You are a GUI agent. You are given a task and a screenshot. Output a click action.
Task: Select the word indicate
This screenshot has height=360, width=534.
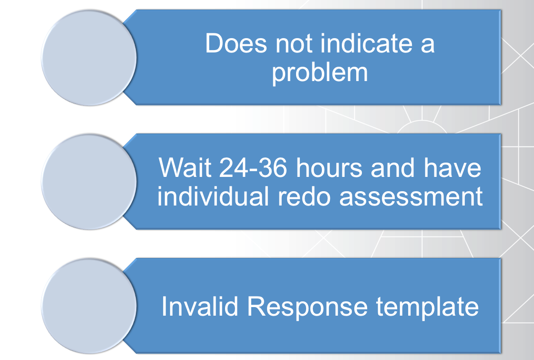tap(366, 44)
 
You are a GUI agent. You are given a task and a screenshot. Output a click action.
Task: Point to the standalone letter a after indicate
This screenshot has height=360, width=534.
tap(426, 45)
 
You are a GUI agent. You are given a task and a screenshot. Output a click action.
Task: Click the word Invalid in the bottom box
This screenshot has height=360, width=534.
tap(199, 307)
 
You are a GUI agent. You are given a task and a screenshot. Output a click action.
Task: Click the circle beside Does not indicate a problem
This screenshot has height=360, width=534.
tap(89, 57)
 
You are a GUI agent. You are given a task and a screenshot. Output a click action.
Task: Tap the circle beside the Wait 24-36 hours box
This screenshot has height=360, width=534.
tap(89, 182)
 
